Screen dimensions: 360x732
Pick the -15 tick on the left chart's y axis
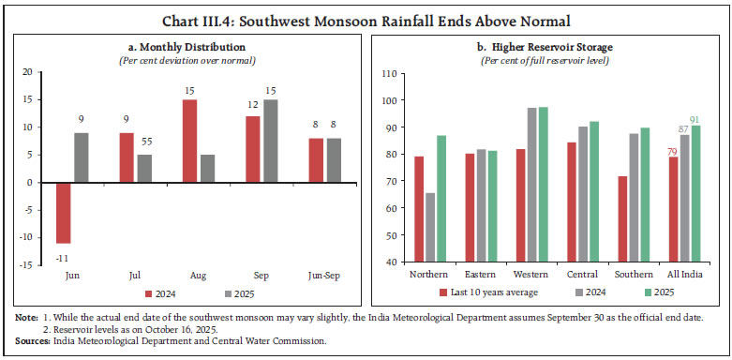tap(27, 265)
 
